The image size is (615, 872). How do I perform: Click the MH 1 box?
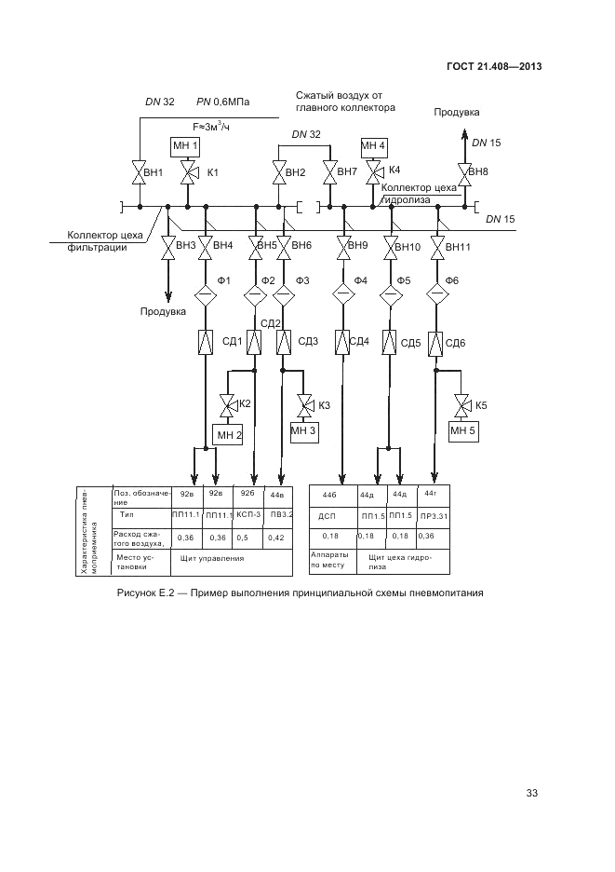point(186,146)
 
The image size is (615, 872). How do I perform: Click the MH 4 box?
point(373,146)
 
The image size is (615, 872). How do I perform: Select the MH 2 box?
point(228,434)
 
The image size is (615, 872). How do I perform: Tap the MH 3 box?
point(303,430)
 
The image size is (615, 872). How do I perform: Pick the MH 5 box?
point(462,430)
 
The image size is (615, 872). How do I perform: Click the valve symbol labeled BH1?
point(139,172)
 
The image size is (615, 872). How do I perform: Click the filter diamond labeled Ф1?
point(204,295)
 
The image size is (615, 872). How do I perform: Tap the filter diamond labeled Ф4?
point(343,294)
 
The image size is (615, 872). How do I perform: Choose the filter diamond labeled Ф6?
point(435,294)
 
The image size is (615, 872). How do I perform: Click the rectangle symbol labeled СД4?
point(342,342)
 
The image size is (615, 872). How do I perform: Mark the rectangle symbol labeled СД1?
point(204,342)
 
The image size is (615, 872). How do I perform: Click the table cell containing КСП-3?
point(247,514)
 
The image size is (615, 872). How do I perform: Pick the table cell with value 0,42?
point(276,538)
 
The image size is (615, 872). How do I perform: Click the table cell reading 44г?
point(430,493)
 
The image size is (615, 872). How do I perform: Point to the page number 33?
point(532,793)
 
